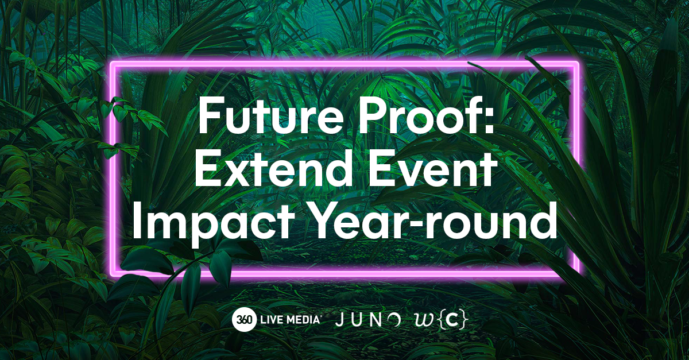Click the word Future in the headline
click(x=270, y=114)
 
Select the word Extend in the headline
click(x=274, y=169)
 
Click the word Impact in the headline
click(x=213, y=223)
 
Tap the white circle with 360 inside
click(x=243, y=320)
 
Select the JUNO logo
click(x=368, y=320)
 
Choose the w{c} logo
click(x=442, y=320)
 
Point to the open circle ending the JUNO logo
click(x=394, y=319)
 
